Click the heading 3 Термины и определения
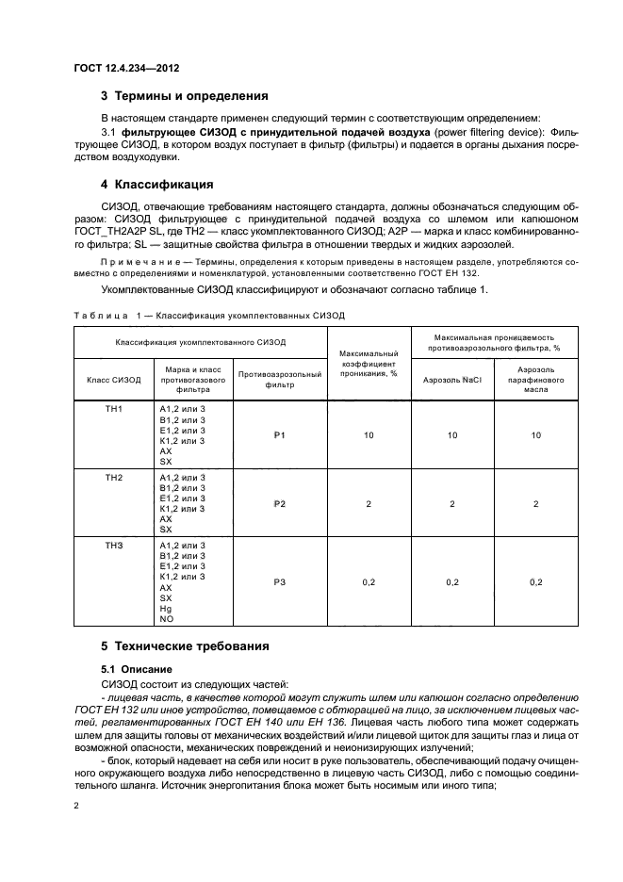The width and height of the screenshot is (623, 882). coord(185,96)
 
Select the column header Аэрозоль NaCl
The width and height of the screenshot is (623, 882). coord(452,380)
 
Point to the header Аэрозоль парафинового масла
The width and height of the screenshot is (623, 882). coord(535,380)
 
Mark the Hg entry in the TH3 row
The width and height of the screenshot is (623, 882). coord(166,609)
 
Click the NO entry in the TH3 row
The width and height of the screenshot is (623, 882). coord(166,619)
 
